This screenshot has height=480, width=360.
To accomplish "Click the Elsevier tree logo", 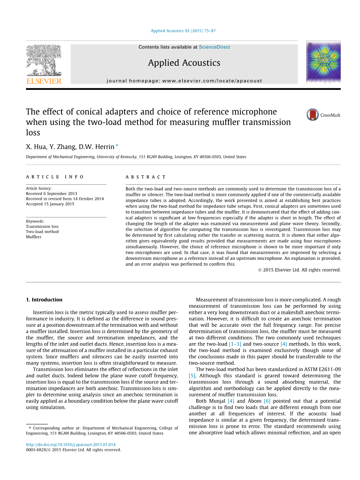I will (x=44, y=60).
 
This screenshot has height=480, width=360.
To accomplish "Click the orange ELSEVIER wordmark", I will (x=44, y=81).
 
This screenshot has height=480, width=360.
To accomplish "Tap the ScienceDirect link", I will (x=214, y=47).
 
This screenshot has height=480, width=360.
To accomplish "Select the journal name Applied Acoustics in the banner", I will (x=184, y=63).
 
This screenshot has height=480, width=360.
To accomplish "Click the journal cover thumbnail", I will (x=323, y=62).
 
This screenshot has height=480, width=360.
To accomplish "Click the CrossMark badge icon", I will (x=313, y=115).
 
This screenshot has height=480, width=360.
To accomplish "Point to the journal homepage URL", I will (x=184, y=81).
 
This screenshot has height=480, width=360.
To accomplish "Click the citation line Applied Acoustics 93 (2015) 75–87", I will (x=183, y=31).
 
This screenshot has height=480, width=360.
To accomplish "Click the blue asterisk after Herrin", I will (x=117, y=146).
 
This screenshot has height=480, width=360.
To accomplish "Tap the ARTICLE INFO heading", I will (x=55, y=177).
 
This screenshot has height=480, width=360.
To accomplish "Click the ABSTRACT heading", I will (x=146, y=177).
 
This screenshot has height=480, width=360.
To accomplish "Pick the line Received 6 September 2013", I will (x=51, y=193).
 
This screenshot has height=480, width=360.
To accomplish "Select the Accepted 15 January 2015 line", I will (x=50, y=204).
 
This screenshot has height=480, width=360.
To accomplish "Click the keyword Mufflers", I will (x=33, y=237).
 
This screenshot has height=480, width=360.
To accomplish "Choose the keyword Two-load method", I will (x=42, y=231).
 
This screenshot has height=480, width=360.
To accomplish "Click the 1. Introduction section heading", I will (x=44, y=300).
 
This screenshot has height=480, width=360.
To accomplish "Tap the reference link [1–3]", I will (x=234, y=344).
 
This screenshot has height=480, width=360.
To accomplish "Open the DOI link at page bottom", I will (x=70, y=445).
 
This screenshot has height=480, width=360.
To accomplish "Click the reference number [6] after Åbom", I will (x=267, y=401).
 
